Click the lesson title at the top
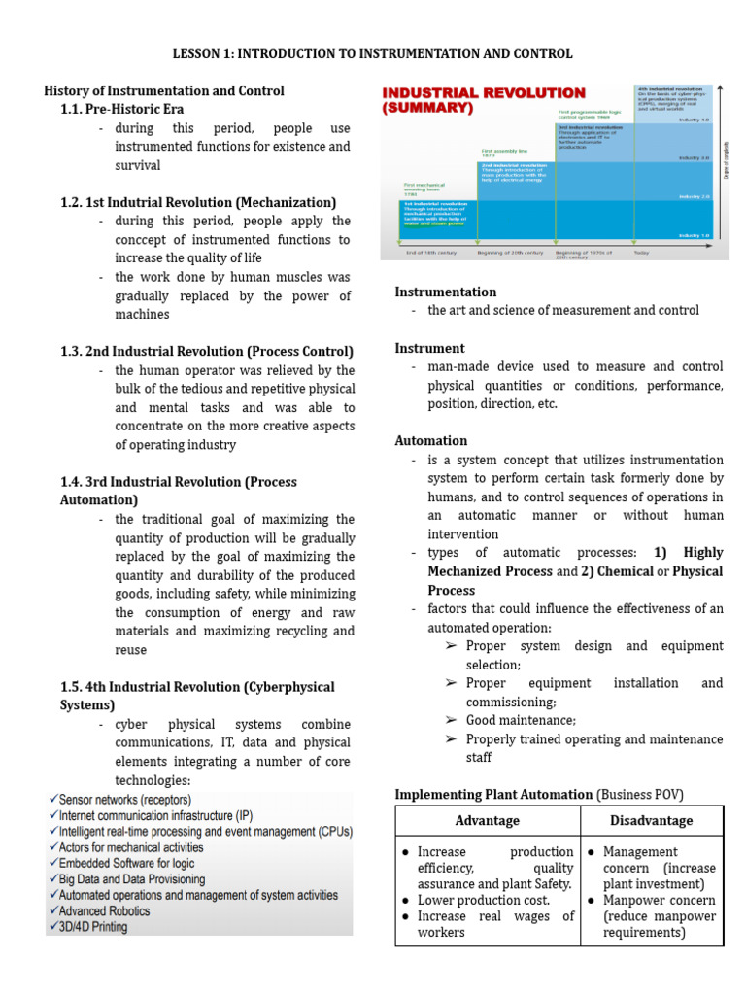click(x=373, y=53)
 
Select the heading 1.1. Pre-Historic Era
click(x=121, y=109)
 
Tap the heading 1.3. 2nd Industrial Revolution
click(x=207, y=351)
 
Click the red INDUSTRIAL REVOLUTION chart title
click(x=484, y=100)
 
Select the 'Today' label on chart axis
click(x=642, y=254)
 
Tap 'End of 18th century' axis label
click(x=430, y=254)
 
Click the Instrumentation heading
click(x=445, y=292)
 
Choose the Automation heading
click(x=430, y=440)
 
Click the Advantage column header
click(x=487, y=820)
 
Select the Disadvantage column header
click(x=652, y=820)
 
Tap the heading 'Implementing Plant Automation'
click(x=492, y=794)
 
